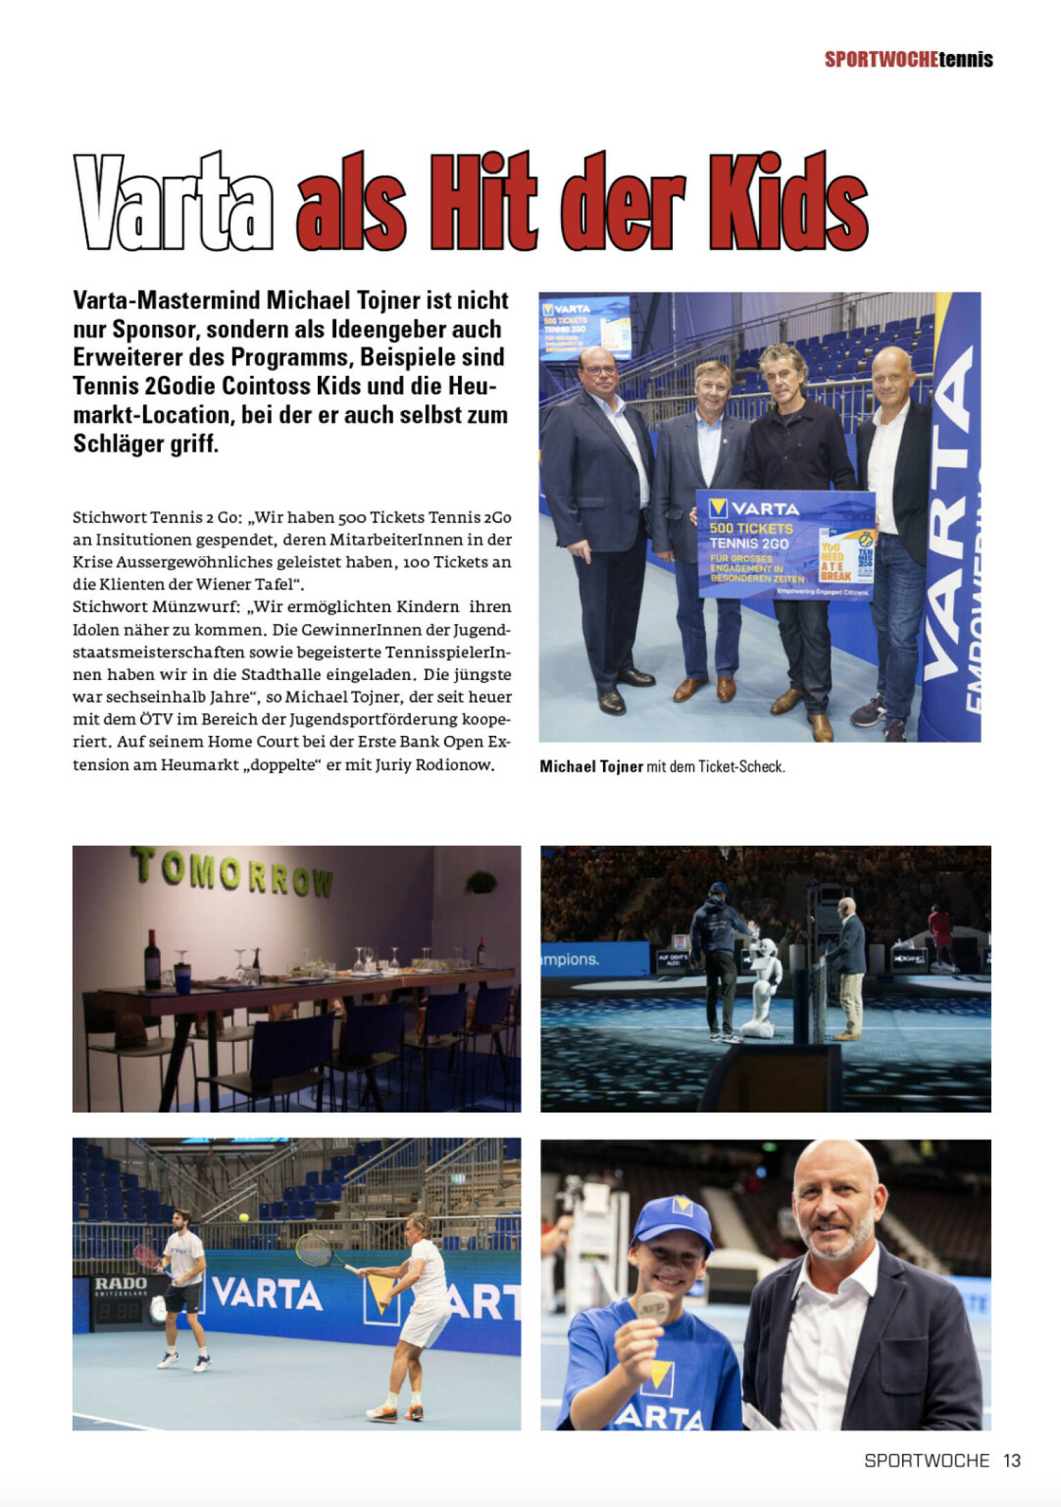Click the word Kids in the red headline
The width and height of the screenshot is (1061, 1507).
pos(788,202)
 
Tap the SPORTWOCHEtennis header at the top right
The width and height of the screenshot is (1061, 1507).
pos(908,59)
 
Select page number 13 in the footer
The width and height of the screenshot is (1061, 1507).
pos(1012,1460)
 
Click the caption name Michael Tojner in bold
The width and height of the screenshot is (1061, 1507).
pos(591,766)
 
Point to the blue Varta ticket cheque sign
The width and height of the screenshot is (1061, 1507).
pos(785,544)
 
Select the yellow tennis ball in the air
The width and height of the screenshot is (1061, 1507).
pos(243,1217)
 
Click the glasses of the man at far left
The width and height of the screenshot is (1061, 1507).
pos(600,370)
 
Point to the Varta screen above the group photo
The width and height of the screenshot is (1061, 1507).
pos(584,327)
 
